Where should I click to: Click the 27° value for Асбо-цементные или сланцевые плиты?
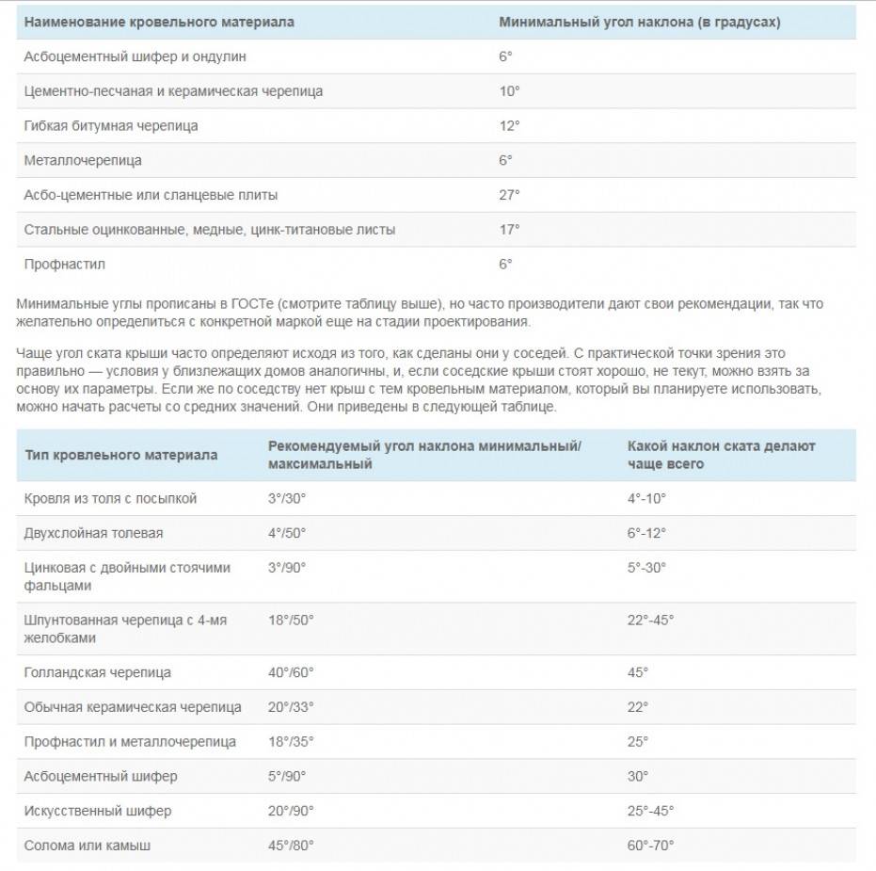pyautogui.click(x=509, y=195)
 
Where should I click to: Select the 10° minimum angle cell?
pyautogui.click(x=509, y=91)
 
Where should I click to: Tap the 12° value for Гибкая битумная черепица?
pyautogui.click(x=509, y=125)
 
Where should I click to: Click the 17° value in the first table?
pyautogui.click(x=509, y=229)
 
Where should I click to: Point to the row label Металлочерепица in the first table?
pyautogui.click(x=83, y=160)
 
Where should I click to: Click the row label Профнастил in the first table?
pyautogui.click(x=64, y=265)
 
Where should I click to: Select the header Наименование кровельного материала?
pyautogui.click(x=158, y=22)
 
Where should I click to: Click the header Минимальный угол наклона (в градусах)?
pyautogui.click(x=639, y=22)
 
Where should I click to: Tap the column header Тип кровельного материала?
pyautogui.click(x=120, y=455)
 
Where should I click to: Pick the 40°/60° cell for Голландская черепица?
pyautogui.click(x=291, y=672)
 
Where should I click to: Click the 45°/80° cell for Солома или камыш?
pyautogui.click(x=291, y=846)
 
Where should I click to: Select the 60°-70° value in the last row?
pyautogui.click(x=651, y=846)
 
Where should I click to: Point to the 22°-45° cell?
pyautogui.click(x=651, y=621)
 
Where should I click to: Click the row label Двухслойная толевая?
pyautogui.click(x=93, y=533)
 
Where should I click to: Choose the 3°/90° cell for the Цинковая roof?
pyautogui.click(x=287, y=568)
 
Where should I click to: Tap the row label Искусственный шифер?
pyautogui.click(x=98, y=811)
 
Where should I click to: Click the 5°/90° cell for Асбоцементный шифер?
pyautogui.click(x=287, y=776)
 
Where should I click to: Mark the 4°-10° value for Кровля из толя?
pyautogui.click(x=646, y=498)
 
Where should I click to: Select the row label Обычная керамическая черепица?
pyautogui.click(x=133, y=707)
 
